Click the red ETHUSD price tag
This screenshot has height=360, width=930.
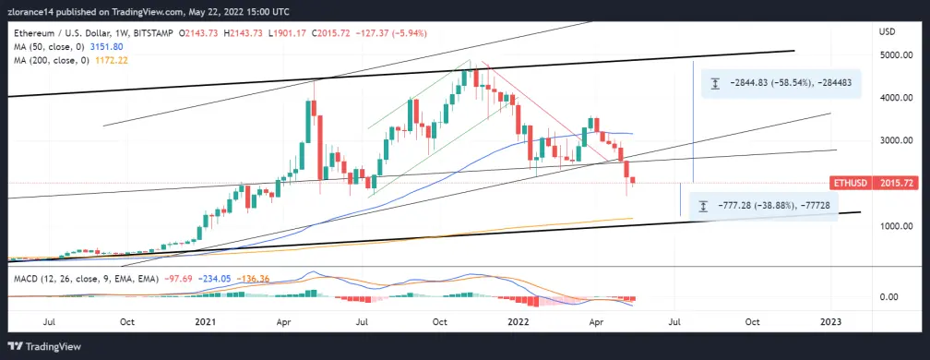[x=851, y=184]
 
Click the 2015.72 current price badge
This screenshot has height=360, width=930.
[x=895, y=184]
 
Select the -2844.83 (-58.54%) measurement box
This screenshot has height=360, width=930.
[x=781, y=84]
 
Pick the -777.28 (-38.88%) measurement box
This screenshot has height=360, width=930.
[x=764, y=207]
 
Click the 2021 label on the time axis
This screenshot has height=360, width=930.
[x=205, y=322]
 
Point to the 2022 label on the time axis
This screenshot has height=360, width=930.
[x=519, y=322]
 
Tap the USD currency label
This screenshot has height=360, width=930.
[x=887, y=31]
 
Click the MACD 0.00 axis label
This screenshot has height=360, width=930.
[x=892, y=297]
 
